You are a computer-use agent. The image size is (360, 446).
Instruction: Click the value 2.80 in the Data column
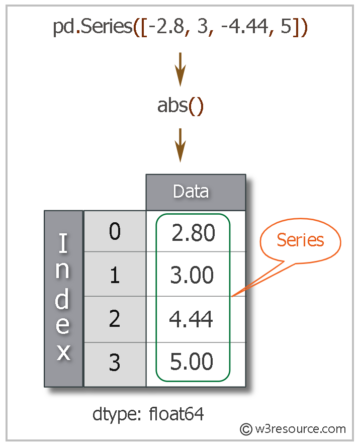193,233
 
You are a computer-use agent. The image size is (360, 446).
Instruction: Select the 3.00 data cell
192,275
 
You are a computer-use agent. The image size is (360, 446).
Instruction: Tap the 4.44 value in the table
191,319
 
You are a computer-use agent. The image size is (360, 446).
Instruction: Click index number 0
115,232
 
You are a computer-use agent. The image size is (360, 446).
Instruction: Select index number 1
115,275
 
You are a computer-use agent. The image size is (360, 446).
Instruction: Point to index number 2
115,319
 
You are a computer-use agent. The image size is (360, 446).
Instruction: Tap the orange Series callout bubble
300,240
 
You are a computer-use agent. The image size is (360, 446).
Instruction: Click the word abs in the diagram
172,106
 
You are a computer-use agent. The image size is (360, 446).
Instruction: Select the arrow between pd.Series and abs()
180,69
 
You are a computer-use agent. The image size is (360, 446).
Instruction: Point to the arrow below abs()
180,145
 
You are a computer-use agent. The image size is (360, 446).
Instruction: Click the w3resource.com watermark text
300,429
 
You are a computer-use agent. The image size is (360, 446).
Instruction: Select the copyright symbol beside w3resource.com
246,429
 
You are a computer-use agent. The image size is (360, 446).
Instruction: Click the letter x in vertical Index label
63,352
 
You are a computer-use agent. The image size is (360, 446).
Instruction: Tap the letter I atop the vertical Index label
63,244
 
